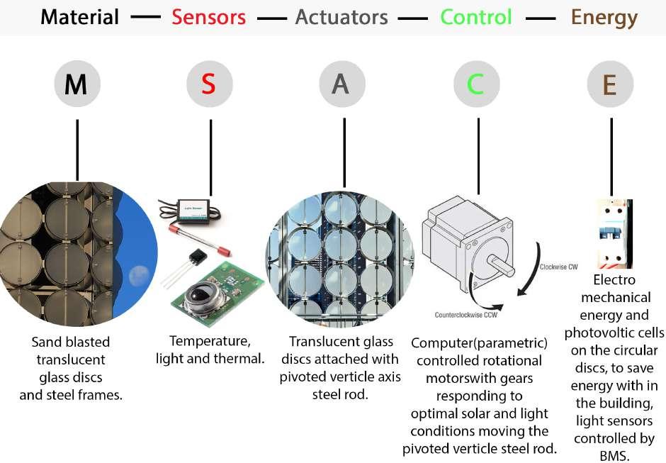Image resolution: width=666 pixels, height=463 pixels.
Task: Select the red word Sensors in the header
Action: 208,17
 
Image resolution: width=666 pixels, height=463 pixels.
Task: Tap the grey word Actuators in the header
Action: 342,17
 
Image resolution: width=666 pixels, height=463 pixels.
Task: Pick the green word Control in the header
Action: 475,17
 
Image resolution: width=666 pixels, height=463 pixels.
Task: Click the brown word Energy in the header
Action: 604,17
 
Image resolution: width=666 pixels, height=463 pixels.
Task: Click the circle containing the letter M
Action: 77,84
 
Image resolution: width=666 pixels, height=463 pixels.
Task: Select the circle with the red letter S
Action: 210,84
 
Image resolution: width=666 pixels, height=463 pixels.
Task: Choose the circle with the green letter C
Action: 476,84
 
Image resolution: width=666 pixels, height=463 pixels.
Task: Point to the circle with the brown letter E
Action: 609,84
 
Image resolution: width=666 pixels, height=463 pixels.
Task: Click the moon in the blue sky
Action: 139,272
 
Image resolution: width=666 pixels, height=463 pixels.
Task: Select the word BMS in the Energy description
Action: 614,456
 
